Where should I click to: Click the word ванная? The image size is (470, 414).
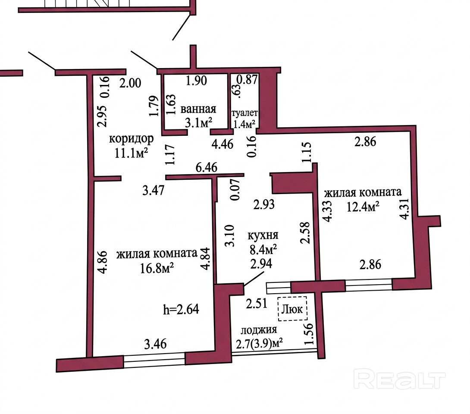point(198,109)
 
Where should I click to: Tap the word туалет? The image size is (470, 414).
point(244,113)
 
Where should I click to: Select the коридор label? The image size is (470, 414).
point(131,139)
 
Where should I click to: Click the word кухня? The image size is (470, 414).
point(263,235)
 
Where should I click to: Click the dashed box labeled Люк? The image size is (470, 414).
point(292,309)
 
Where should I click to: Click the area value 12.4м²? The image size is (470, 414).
point(363,207)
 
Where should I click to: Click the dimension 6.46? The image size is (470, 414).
point(206,166)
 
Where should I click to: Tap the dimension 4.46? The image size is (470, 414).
point(222,144)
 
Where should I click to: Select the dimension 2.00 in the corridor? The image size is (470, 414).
point(130,83)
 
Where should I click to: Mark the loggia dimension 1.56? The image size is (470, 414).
point(308,335)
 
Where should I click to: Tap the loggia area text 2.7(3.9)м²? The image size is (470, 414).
point(260,344)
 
